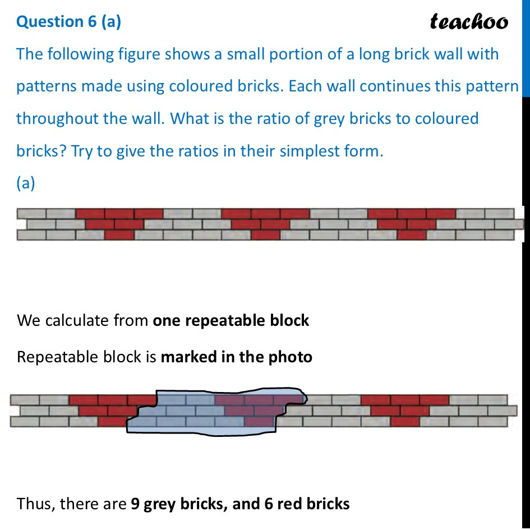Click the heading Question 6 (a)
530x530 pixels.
pyautogui.click(x=68, y=21)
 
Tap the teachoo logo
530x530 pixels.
pyautogui.click(x=469, y=22)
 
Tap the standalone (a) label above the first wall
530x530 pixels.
pyautogui.click(x=26, y=183)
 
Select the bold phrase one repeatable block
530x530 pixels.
pyautogui.click(x=231, y=320)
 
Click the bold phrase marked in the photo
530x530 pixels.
pyautogui.click(x=236, y=357)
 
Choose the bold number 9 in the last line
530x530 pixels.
pyautogui.click(x=135, y=504)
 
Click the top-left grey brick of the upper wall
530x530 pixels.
pyautogui.click(x=31, y=214)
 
